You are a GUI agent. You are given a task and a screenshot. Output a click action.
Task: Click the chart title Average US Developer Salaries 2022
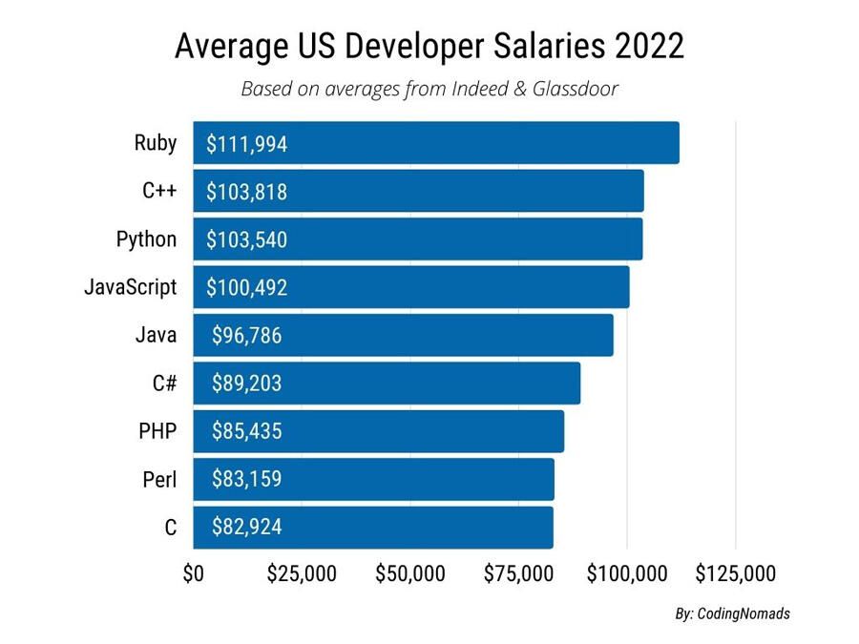pos(429,46)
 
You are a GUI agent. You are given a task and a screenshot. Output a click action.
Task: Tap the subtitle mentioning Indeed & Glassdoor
pos(429,90)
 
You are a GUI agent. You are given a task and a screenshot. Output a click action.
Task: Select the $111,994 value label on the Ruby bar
pos(246,144)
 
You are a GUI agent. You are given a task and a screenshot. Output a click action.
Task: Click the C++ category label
pos(159,191)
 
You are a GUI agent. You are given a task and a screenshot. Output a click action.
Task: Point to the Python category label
pos(146,239)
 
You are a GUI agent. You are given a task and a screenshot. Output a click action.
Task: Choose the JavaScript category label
pos(131,287)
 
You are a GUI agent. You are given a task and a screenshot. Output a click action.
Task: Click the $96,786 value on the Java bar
pos(246,336)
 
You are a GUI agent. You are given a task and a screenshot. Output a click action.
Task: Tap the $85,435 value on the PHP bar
pos(246,431)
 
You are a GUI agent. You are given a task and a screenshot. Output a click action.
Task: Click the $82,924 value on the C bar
pos(246,527)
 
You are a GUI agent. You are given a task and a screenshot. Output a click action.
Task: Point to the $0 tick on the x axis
pos(193,574)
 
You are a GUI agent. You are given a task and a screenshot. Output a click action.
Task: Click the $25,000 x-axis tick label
pos(302,574)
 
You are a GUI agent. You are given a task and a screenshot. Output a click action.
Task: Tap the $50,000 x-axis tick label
pos(410,574)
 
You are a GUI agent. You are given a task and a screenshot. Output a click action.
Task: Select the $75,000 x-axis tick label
pos(518,574)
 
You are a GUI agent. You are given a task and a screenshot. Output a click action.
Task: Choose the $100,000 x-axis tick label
pos(627,574)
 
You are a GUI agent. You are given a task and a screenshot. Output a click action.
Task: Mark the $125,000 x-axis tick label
pos(735,574)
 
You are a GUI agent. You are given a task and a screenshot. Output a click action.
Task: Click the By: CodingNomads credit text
pos(732,614)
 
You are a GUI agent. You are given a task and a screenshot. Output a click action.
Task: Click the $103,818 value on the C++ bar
pos(246,192)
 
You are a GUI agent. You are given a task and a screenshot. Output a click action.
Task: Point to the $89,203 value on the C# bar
pos(246,384)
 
